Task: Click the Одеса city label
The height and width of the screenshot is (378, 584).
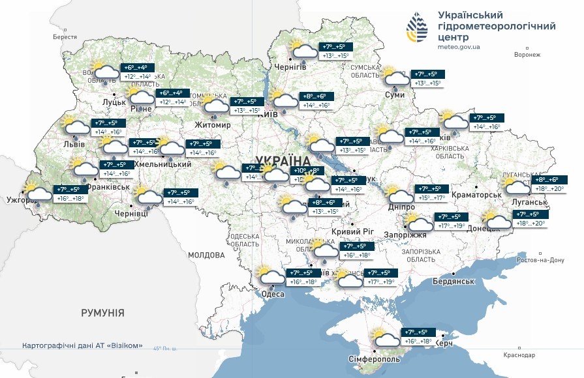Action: coord(273,295)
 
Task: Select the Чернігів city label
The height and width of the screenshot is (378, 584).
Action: coord(290,67)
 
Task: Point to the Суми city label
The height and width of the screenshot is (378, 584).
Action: coord(395,95)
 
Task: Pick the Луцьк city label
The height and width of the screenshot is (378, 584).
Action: coord(114,103)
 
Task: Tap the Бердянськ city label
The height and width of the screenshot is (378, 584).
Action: coord(452,282)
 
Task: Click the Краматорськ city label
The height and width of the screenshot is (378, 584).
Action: coord(475,194)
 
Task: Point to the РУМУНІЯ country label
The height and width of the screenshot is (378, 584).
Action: coord(102,313)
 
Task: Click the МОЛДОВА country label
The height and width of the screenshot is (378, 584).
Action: coord(206,255)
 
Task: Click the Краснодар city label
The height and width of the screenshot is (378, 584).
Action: coord(519,355)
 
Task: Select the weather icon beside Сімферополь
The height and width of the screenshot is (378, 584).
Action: coord(386,338)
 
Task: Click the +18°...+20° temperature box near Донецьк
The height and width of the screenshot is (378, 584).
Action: coord(531,224)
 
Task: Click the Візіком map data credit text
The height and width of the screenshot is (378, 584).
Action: coord(82,345)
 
